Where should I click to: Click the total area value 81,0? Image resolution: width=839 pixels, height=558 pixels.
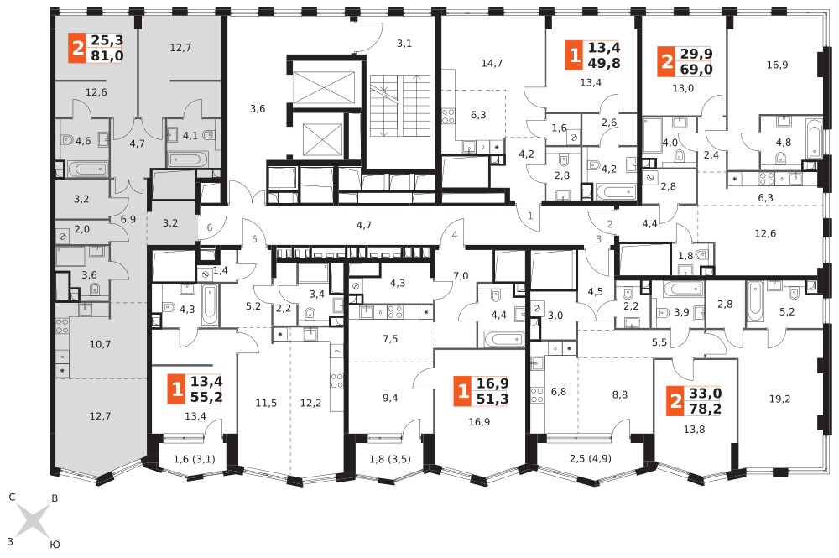(x=107, y=55)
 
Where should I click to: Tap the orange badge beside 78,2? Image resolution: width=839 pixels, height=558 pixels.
(x=675, y=401)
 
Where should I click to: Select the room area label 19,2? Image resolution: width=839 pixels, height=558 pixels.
(x=779, y=399)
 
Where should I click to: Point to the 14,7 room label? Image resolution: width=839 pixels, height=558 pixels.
(x=492, y=63)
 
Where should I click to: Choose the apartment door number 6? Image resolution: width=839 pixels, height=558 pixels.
(x=209, y=227)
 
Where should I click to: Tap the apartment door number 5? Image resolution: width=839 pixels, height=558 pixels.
(x=255, y=239)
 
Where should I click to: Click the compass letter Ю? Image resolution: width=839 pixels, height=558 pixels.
(x=55, y=545)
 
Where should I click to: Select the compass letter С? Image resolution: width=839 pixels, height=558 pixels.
(x=12, y=498)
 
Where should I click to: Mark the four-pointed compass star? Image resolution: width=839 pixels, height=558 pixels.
(x=33, y=520)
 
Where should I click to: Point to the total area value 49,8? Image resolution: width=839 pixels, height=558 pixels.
(x=604, y=64)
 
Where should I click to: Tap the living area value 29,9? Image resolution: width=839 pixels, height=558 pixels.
(x=696, y=54)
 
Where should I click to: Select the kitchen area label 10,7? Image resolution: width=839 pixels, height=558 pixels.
(x=100, y=344)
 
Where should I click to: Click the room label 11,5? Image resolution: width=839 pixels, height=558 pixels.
(x=266, y=403)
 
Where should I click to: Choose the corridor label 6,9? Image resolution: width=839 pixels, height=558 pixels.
(x=128, y=219)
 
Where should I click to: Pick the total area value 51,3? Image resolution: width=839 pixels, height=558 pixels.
(x=492, y=399)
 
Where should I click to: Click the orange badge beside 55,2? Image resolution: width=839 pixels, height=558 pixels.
(x=177, y=389)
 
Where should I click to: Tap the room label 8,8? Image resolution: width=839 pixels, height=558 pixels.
(x=620, y=395)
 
